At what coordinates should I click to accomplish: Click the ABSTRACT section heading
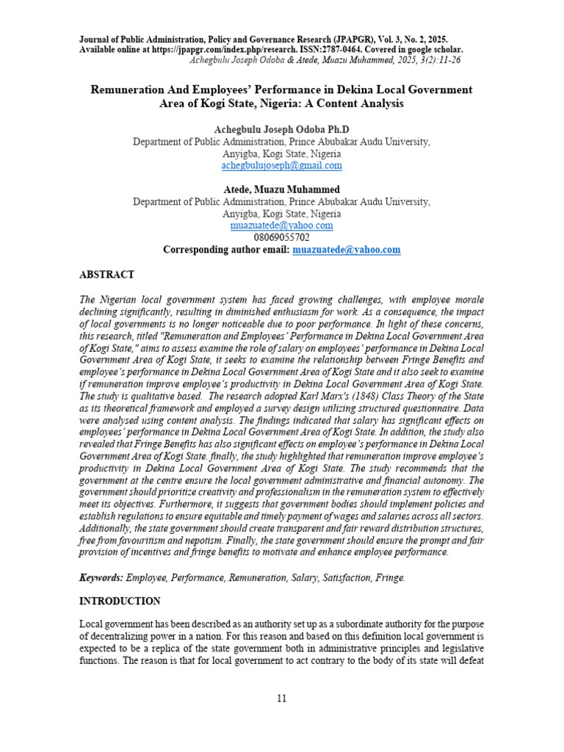(x=106, y=275)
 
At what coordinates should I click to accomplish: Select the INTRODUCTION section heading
(x=120, y=601)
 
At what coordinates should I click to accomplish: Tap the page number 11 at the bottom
(x=282, y=698)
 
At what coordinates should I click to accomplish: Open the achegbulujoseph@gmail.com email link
(x=281, y=166)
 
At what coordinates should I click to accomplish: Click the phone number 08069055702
(x=281, y=237)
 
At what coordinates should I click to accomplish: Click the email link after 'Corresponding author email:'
(x=347, y=250)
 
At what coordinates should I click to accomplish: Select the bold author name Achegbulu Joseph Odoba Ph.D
(x=281, y=130)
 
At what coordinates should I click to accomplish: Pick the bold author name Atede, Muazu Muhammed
(x=281, y=189)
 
